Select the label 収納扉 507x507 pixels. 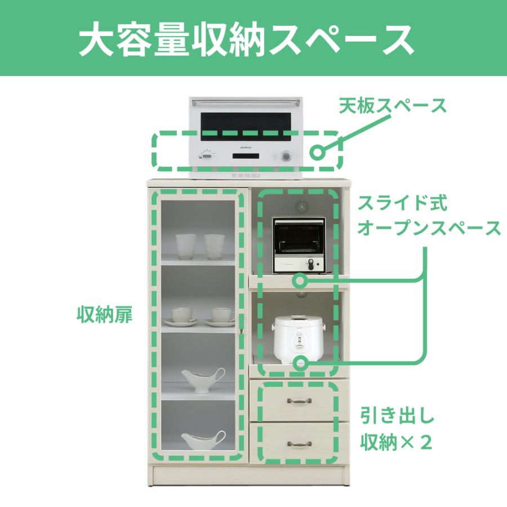[104, 315]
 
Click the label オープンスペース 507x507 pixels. [429, 228]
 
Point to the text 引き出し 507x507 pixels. [398, 418]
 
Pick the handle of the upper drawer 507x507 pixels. [299, 401]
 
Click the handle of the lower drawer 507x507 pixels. [299, 444]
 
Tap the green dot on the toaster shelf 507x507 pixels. [300, 279]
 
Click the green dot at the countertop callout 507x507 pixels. [319, 151]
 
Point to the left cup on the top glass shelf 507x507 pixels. [186, 246]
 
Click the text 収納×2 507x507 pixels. [396, 442]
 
